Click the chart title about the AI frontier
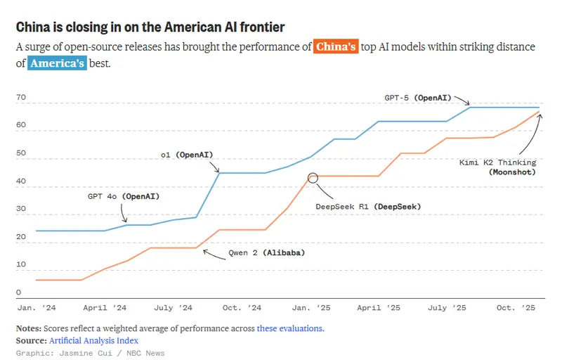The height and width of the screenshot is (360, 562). [150, 27]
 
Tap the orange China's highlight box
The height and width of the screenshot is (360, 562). [336, 47]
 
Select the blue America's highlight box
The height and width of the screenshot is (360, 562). [57, 63]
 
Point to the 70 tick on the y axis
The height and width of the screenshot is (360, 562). [20, 97]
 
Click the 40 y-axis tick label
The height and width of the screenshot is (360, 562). [20, 181]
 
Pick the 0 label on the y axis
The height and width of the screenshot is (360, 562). [18, 292]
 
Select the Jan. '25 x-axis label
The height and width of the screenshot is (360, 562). [312, 308]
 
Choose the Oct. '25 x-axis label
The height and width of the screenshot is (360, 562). [516, 308]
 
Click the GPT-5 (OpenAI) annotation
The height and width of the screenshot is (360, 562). [417, 98]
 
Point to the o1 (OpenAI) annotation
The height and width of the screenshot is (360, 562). [187, 154]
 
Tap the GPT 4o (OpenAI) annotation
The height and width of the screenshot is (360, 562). [123, 196]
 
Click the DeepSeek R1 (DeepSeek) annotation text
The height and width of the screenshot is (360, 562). [369, 207]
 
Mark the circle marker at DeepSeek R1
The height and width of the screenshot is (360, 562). [313, 177]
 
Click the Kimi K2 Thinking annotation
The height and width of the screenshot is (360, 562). [497, 167]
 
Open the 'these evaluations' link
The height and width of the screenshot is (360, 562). [290, 328]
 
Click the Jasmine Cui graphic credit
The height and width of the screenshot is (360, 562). [90, 353]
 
